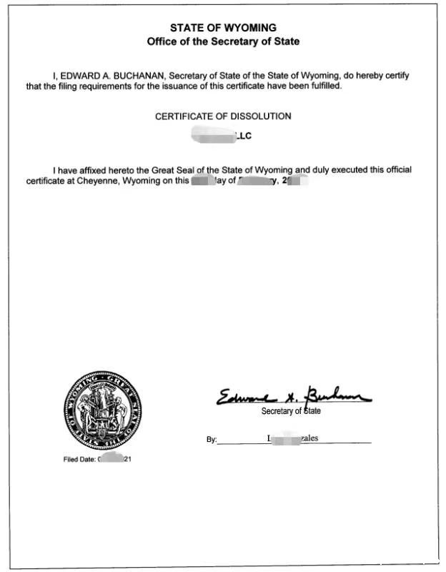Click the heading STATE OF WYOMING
pyautogui.click(x=223, y=28)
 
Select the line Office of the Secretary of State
pyautogui.click(x=223, y=41)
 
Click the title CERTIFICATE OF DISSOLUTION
pyautogui.click(x=223, y=116)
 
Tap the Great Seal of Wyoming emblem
pyautogui.click(x=103, y=410)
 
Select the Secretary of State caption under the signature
pyautogui.click(x=291, y=411)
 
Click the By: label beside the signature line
pyautogui.click(x=212, y=440)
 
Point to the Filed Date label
pyautogui.click(x=79, y=459)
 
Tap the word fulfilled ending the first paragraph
pyautogui.click(x=324, y=86)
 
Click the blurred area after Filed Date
pyautogui.click(x=110, y=458)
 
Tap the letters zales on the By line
pyautogui.click(x=309, y=438)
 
